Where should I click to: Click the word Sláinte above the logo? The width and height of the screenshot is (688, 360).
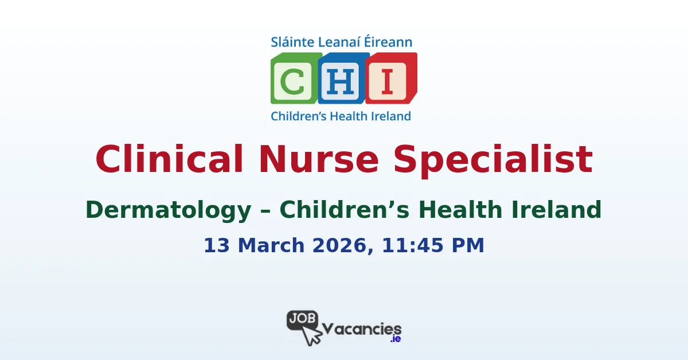[x=291, y=42]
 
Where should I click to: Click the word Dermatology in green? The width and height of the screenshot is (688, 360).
[x=168, y=210]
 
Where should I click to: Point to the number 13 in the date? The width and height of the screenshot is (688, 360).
[x=215, y=245]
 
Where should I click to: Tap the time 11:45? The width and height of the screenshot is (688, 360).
[x=409, y=245]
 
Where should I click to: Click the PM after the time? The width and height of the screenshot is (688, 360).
[x=468, y=245]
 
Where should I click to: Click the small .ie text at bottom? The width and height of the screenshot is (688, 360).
[x=395, y=339]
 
